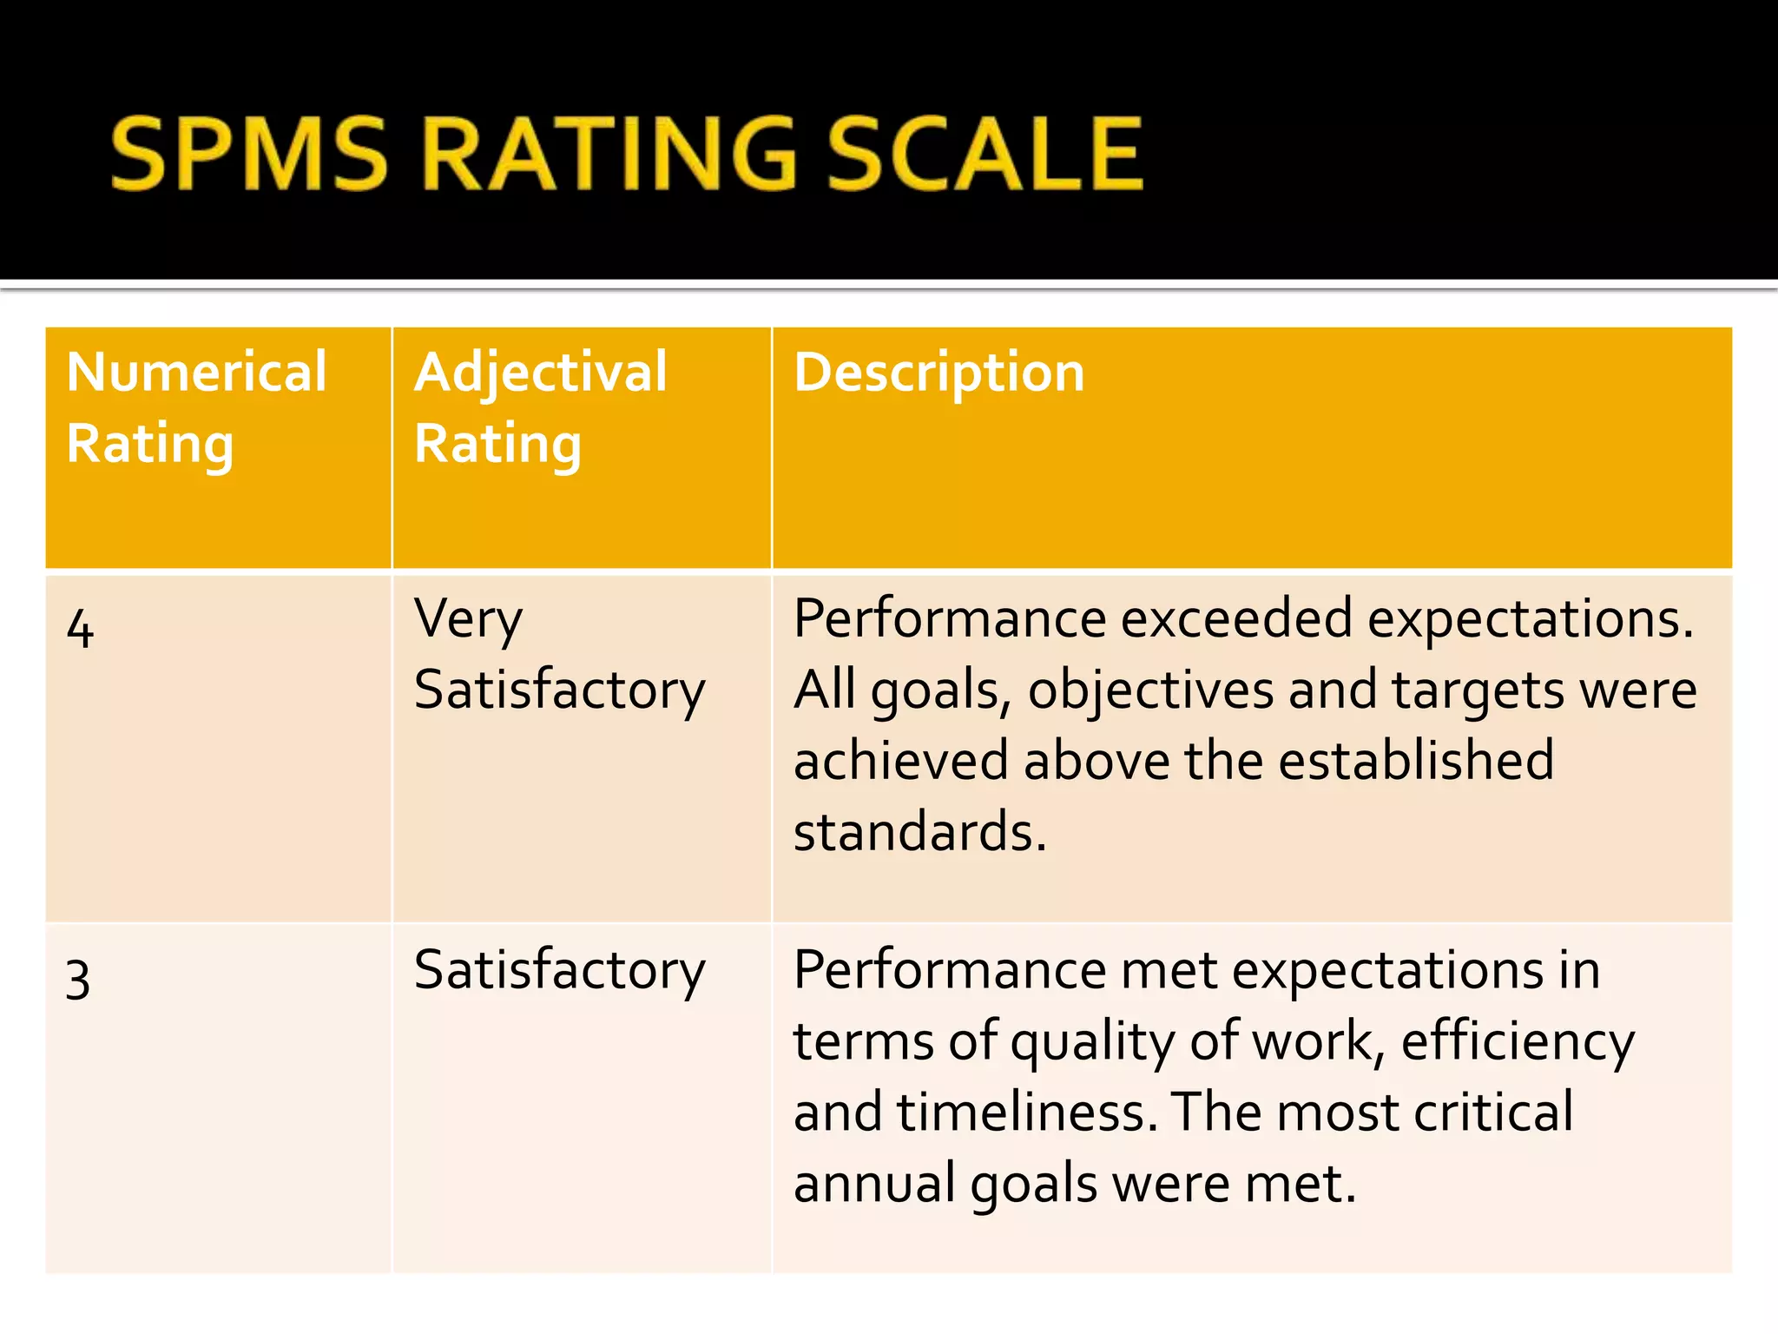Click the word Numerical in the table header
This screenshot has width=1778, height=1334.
coord(197,373)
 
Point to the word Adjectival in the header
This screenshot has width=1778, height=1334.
coord(541,373)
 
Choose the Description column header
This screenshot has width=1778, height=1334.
coord(939,373)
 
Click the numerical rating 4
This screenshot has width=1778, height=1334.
coord(80,628)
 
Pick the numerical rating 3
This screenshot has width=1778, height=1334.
coord(78,979)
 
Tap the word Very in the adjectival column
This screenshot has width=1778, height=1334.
coord(468,620)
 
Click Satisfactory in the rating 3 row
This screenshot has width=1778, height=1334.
coord(560,970)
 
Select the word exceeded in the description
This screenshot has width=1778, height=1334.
coord(1236,620)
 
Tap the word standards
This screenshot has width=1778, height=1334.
coord(919,832)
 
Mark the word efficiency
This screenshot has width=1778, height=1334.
coord(1518,1041)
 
